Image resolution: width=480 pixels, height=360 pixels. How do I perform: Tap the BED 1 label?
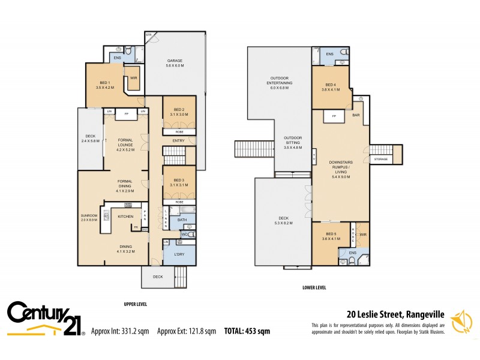[104, 85]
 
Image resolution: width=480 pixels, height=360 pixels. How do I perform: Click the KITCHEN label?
[125, 216]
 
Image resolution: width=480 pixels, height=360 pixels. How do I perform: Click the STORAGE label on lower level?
[380, 159]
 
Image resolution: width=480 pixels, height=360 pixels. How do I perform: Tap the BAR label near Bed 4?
[356, 115]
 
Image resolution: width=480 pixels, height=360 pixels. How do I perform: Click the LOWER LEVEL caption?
[314, 287]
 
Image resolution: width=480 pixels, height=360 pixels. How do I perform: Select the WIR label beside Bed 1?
[134, 77]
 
